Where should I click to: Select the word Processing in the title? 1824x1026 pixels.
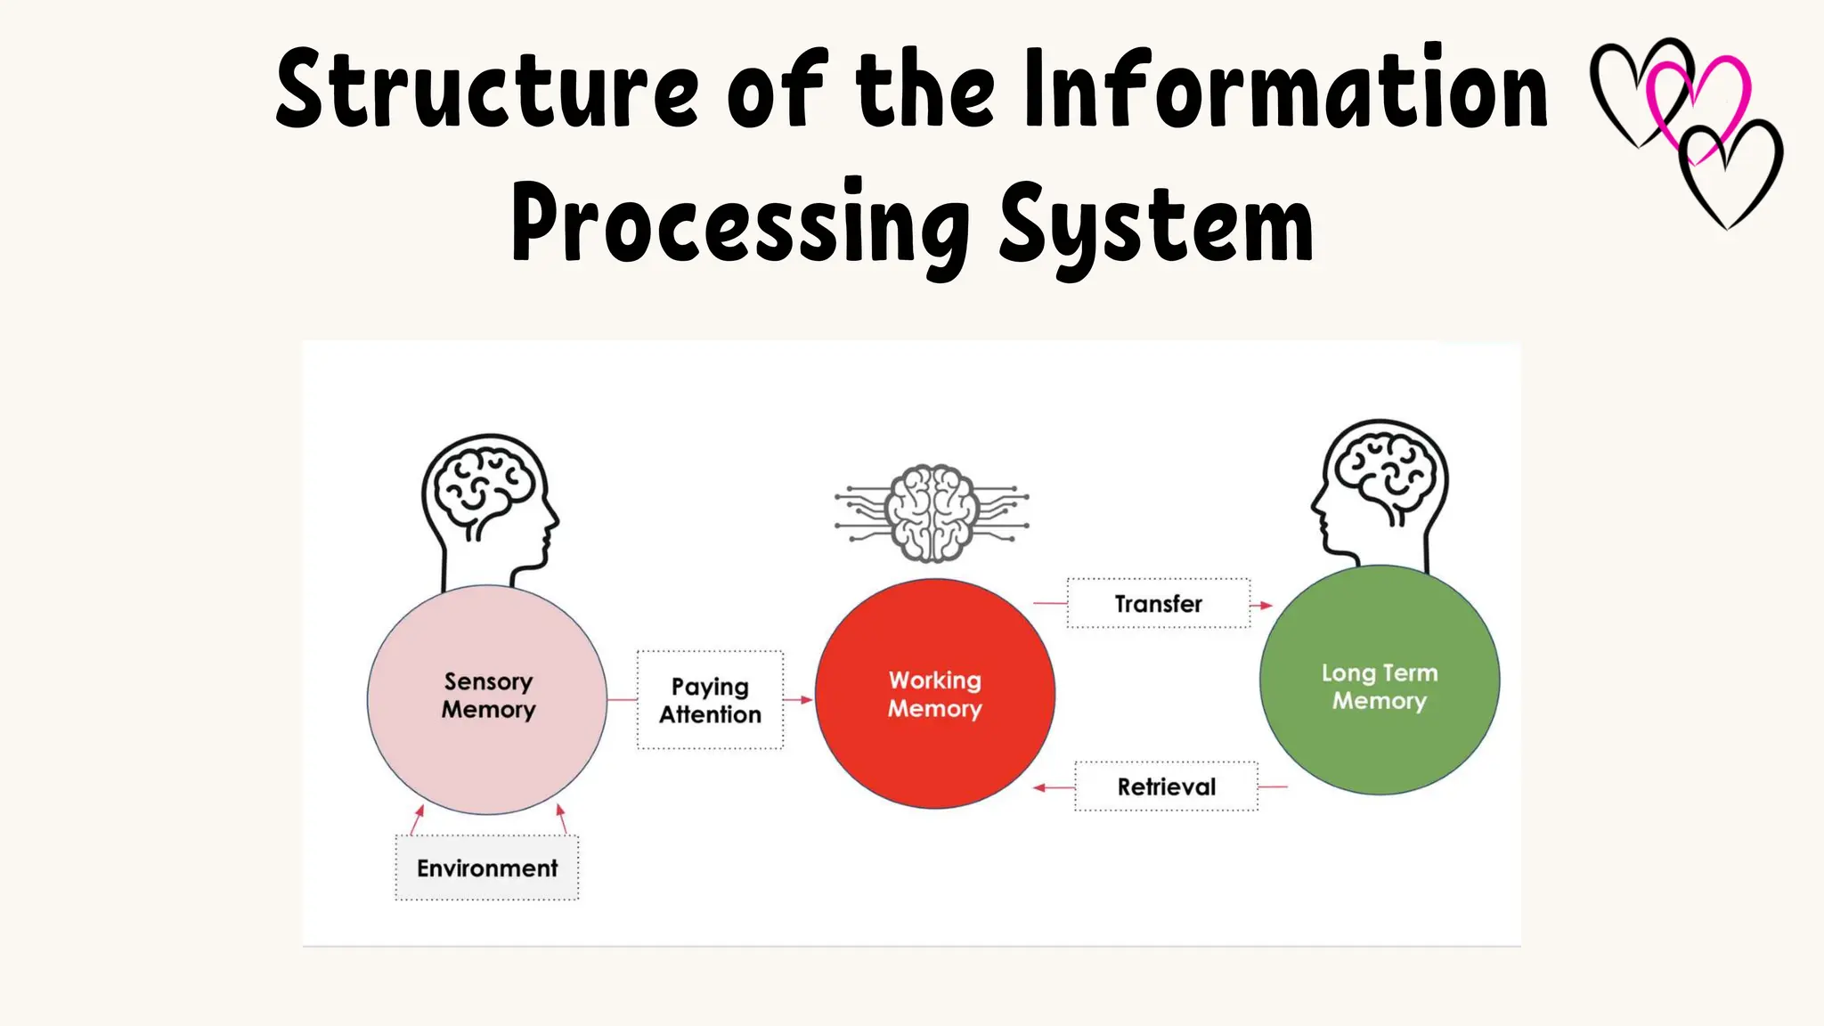point(740,223)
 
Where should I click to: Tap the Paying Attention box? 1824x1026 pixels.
point(710,700)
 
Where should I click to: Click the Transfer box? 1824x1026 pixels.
point(1158,604)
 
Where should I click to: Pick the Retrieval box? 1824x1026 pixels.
point(1166,786)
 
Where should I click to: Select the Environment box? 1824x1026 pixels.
point(487,867)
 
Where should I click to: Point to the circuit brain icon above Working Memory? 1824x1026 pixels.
point(932,513)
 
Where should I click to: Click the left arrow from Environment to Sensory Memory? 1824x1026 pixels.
point(419,812)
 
